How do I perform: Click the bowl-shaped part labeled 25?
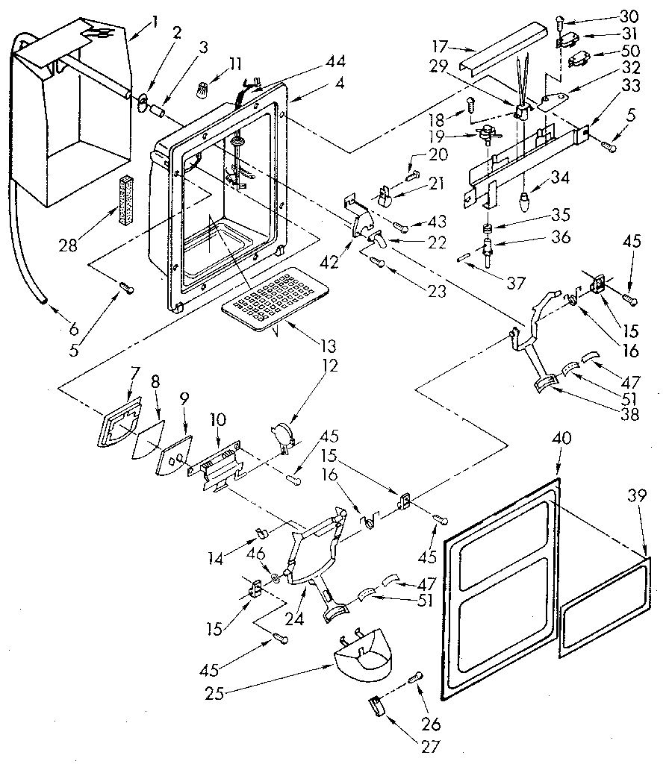pyautogui.click(x=361, y=654)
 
